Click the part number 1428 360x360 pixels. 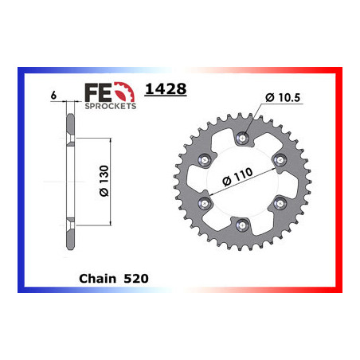pyautogui.click(x=166, y=89)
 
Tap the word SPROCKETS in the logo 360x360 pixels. pyautogui.click(x=111, y=106)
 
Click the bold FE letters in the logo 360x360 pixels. pyautogui.click(x=98, y=92)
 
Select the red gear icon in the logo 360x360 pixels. pyautogui.click(x=124, y=92)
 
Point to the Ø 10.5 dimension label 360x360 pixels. pyautogui.click(x=283, y=97)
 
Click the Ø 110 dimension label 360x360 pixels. pyautogui.click(x=237, y=177)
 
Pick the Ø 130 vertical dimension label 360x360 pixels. pyautogui.click(x=104, y=181)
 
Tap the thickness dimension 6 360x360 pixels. pyautogui.click(x=53, y=95)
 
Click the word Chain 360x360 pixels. pyautogui.click(x=98, y=279)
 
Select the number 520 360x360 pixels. pyautogui.click(x=136, y=279)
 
